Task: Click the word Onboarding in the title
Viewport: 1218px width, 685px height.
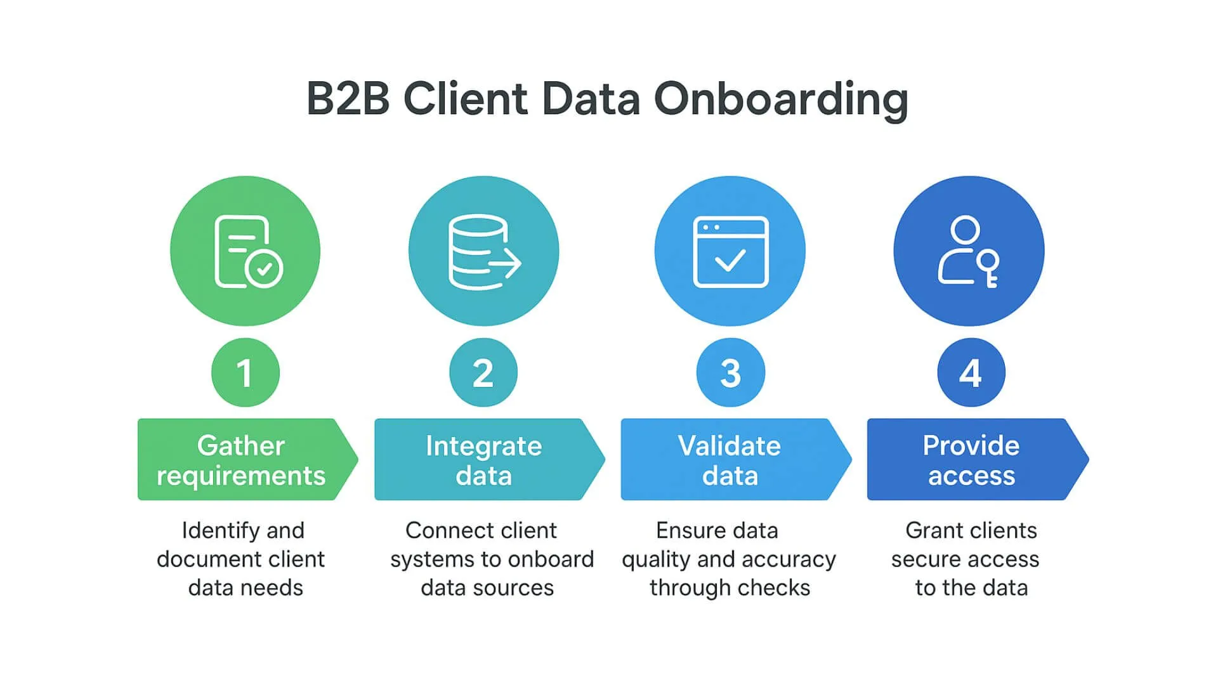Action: (x=781, y=100)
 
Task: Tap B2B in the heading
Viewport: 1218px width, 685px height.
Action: (x=348, y=100)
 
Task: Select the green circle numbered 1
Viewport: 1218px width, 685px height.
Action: (x=246, y=372)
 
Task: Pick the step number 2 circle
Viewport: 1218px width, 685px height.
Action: (x=483, y=372)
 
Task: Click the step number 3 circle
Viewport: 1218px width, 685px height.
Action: (x=730, y=372)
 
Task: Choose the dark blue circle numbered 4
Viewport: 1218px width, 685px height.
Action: (x=971, y=372)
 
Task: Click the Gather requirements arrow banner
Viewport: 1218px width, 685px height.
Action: (x=242, y=460)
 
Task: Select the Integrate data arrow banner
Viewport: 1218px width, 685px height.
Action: (x=483, y=460)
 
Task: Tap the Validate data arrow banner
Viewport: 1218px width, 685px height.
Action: (x=730, y=460)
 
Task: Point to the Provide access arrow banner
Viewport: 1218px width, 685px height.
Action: (x=971, y=460)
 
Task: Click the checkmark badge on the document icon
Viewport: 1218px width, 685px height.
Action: (x=265, y=269)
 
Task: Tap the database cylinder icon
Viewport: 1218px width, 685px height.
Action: (x=476, y=251)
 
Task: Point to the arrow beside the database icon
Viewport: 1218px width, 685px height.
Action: (x=507, y=263)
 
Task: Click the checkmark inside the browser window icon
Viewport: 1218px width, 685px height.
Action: (x=730, y=260)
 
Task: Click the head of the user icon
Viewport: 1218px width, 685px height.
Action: (x=966, y=230)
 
